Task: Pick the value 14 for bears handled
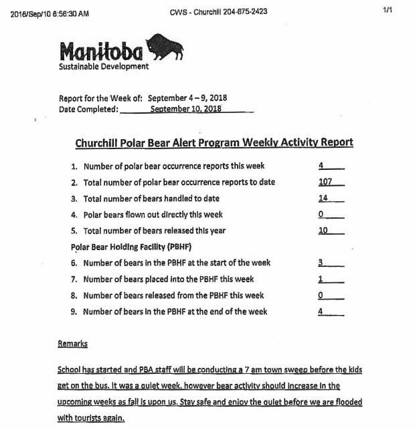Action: click(x=325, y=198)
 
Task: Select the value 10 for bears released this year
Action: click(x=325, y=231)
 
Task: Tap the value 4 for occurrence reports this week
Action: click(x=322, y=165)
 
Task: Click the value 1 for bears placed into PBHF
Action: click(x=322, y=279)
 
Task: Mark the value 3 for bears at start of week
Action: click(x=322, y=263)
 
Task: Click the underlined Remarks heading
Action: click(x=73, y=344)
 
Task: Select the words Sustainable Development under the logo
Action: click(x=104, y=66)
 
